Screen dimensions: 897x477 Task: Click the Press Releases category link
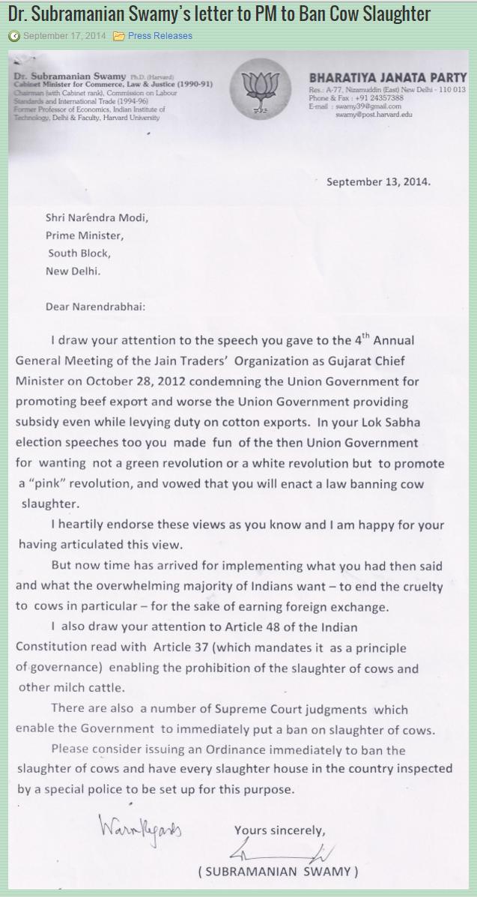[x=159, y=36]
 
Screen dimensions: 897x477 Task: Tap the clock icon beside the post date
[x=14, y=36]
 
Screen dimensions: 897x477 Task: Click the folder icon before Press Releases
[x=119, y=36]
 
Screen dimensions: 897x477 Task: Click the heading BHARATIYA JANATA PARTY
[x=387, y=77]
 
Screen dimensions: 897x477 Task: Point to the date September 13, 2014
[x=379, y=181]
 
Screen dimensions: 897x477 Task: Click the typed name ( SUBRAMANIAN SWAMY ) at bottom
[x=278, y=872]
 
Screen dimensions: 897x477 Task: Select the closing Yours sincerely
[x=279, y=830]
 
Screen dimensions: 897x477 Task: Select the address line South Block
[x=79, y=253]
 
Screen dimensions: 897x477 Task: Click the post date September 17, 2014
[x=64, y=36]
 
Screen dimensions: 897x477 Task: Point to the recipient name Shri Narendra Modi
[x=97, y=218]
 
